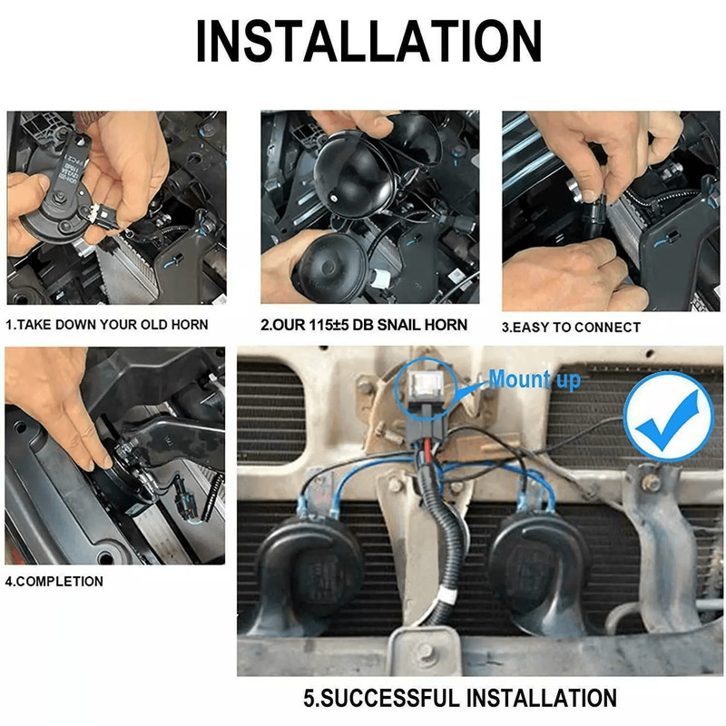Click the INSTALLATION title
pos(368,41)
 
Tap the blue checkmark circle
pos(669,417)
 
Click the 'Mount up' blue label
pos(535,379)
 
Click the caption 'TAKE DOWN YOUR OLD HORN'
pos(113,325)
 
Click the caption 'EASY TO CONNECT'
pos(576,328)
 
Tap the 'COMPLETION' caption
pos(59,582)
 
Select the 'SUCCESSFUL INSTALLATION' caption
pos(468,698)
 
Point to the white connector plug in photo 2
pos(379,278)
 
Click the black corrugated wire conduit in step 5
pos(445,546)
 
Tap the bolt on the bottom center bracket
pos(426,652)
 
